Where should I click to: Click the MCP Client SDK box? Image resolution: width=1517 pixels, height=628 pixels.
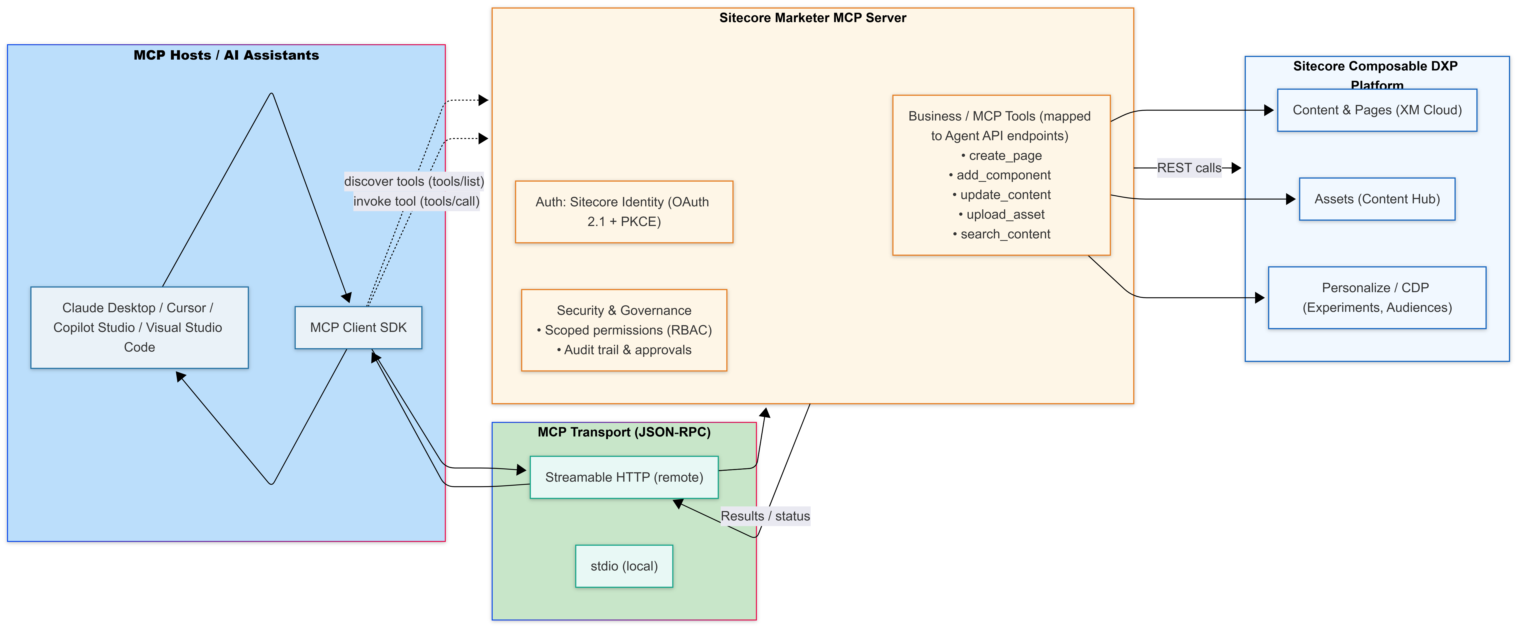(x=358, y=328)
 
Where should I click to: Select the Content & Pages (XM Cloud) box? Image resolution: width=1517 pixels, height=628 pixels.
(x=1377, y=110)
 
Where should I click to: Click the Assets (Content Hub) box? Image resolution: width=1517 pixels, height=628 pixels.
(x=1377, y=199)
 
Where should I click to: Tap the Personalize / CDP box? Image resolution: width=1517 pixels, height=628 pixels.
(x=1377, y=297)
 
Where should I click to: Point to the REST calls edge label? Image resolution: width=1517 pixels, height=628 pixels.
(x=1189, y=168)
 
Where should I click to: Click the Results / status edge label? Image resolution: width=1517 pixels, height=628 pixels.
(x=765, y=516)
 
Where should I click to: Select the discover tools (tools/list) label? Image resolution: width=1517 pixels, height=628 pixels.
(x=414, y=181)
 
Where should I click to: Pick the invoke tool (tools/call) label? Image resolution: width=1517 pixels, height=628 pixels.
(x=416, y=201)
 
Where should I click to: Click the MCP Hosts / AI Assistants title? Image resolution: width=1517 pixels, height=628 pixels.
(x=226, y=55)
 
